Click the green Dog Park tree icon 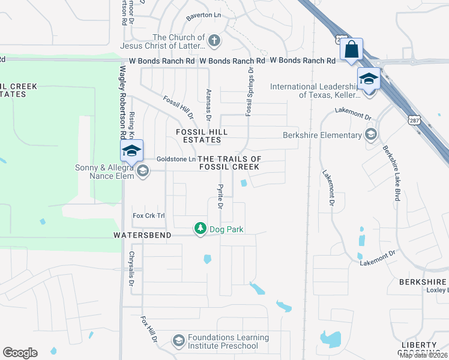point(200,229)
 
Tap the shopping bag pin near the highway point(351,49)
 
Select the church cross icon point(214,41)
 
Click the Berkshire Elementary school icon point(371,135)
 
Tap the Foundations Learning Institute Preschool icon point(178,341)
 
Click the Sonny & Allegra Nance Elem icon point(142,172)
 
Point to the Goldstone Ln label point(176,159)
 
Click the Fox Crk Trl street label point(148,215)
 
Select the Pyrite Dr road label point(220,196)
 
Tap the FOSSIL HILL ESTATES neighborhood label point(202,135)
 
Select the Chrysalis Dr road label point(131,268)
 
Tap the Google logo point(20,353)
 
